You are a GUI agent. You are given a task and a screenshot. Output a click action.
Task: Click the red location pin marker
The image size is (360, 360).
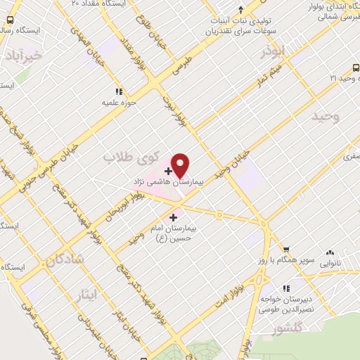pyautogui.click(x=181, y=165)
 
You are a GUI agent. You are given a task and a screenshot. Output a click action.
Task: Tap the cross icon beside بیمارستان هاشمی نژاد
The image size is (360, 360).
pyautogui.click(x=168, y=171)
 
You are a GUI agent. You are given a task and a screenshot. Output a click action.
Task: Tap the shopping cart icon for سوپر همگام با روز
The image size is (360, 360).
pyautogui.click(x=286, y=249)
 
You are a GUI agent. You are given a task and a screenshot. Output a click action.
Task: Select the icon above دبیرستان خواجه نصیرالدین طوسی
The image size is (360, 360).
pyautogui.click(x=285, y=288)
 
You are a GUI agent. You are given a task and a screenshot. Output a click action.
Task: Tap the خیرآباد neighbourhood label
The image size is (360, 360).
pyautogui.click(x=22, y=54)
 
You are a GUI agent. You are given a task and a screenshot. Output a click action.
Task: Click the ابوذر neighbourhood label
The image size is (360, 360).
pyautogui.click(x=273, y=53)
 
